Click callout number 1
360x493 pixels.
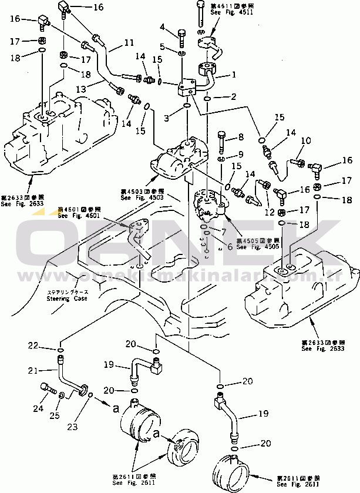click(234, 75)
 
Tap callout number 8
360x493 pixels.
click(240, 137)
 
